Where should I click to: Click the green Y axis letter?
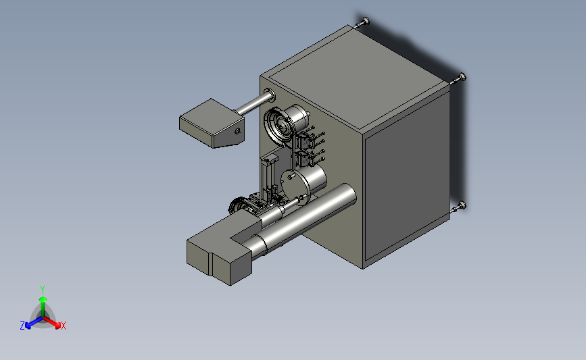point(43,290)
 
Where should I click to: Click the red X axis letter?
point(63,326)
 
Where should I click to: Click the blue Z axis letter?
point(22,326)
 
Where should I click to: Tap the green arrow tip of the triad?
point(43,299)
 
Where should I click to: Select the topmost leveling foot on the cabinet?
point(363,22)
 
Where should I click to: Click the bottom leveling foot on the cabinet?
point(460,207)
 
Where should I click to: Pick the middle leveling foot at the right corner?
point(460,78)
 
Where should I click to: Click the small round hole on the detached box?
point(237,131)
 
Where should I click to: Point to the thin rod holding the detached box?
point(251,104)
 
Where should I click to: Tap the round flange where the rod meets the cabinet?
point(270,95)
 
